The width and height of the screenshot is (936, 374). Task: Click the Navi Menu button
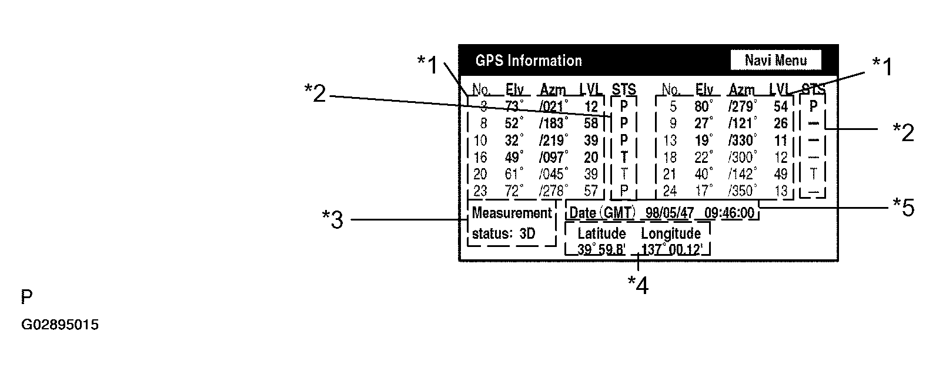tap(775, 60)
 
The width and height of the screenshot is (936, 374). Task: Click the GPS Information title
tap(529, 61)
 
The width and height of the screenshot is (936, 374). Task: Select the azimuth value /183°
tap(554, 123)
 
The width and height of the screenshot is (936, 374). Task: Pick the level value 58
tap(591, 123)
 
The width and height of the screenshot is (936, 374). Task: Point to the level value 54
tap(780, 106)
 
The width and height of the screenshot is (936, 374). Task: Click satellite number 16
tap(480, 157)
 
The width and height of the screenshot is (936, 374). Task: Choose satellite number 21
tap(669, 174)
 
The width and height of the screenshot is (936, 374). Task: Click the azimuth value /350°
tap(743, 191)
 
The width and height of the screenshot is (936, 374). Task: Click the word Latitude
tap(601, 233)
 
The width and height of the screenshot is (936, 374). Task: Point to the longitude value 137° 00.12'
tap(672, 249)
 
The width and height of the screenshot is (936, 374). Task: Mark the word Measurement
tap(512, 213)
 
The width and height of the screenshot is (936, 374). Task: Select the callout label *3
tap(332, 220)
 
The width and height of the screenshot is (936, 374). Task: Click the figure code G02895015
tap(60, 325)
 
